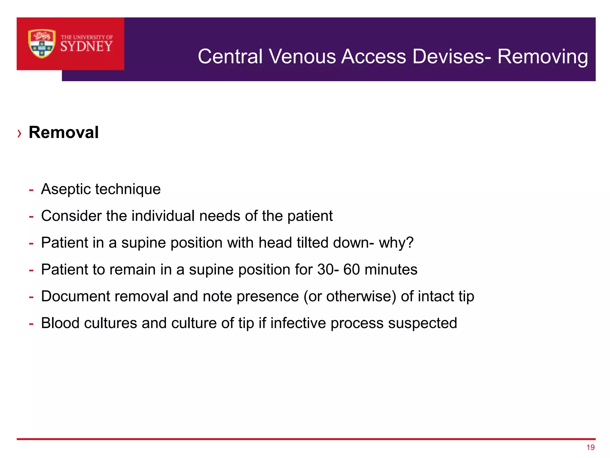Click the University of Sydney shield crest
pos(42,44)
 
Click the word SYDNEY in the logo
pos(86,47)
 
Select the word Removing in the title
pos(543,56)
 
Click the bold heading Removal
pos(63,132)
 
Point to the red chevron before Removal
pos(19,133)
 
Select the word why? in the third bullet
pos(396,243)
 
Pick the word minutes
pos(391,270)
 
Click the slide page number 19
pos(590,447)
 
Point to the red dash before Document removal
pos(31,297)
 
